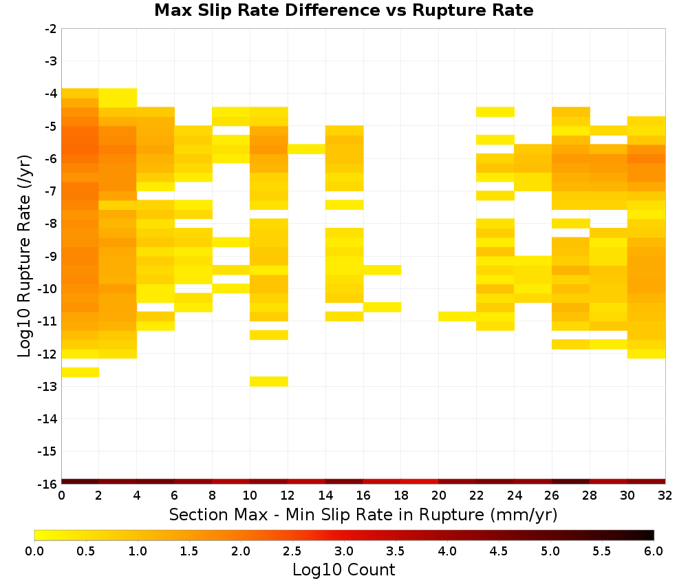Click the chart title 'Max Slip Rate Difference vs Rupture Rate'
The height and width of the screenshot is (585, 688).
pos(343,10)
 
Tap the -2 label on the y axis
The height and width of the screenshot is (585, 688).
pos(50,29)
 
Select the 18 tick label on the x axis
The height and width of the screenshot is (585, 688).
pos(401,496)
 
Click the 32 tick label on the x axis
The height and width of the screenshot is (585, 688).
pos(665,496)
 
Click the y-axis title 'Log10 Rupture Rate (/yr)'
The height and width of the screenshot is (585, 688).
pos(25,256)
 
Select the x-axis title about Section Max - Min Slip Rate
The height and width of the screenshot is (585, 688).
pos(363,514)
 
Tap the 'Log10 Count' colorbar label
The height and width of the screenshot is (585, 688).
pos(343,570)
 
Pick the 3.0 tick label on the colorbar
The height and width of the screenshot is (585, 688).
pos(344,551)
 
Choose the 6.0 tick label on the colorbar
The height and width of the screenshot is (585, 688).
pos(654,551)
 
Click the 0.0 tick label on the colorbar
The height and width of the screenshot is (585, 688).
pos(34,551)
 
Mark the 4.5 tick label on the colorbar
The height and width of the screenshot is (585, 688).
pos(498,551)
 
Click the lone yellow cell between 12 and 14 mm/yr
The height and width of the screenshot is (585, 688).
pos(306,149)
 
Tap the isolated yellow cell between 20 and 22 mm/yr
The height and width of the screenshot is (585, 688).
pos(458,316)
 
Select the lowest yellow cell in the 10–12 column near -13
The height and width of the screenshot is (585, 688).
pos(269,381)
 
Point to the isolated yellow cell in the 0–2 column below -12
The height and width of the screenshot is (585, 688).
pos(80,372)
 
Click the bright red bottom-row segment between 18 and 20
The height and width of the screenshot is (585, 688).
pos(420,482)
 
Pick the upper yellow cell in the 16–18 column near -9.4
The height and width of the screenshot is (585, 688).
pos(382,270)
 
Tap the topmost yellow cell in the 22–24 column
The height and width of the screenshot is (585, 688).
pos(495,112)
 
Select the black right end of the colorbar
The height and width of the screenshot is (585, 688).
pos(651,535)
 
